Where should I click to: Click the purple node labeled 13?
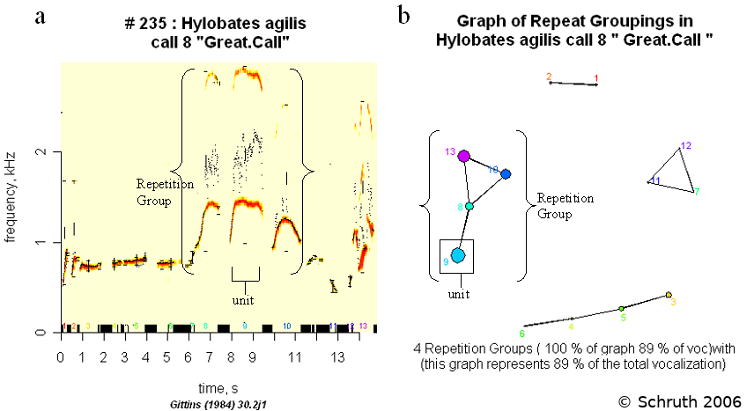463,155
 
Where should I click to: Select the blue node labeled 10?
506,174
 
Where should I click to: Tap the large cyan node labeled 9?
457,255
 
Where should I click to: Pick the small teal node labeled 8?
469,206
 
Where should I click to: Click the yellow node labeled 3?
669,295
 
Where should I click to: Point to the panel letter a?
41,15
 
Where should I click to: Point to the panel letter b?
403,15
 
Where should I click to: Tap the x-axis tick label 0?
60,358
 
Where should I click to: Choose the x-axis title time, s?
216,387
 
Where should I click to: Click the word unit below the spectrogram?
242,300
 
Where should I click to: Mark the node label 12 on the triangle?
686,145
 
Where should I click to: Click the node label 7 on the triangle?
696,191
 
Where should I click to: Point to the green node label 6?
521,334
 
